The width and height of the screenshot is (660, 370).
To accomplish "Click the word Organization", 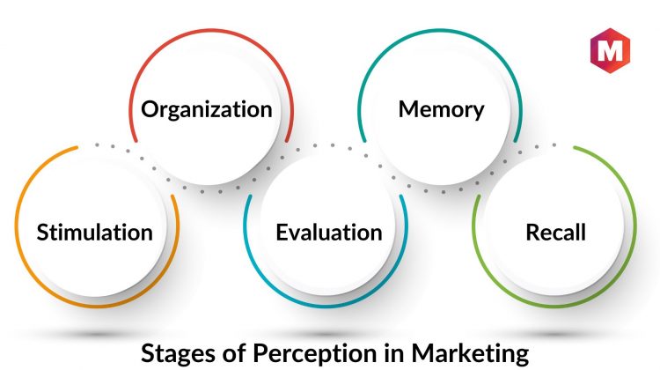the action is click(x=206, y=110).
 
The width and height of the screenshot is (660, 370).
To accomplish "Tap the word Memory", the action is click(x=441, y=110).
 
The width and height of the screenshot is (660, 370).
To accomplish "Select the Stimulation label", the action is click(x=95, y=233).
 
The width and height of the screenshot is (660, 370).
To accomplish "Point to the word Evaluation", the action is click(x=329, y=233).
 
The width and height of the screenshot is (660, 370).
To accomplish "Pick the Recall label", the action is click(x=555, y=233).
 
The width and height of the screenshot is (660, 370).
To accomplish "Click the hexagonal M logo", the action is click(x=610, y=50).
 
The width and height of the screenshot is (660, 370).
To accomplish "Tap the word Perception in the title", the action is click(x=315, y=353).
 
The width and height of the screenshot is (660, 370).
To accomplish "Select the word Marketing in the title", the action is click(x=470, y=353).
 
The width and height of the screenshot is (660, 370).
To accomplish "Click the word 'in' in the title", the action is click(x=394, y=352).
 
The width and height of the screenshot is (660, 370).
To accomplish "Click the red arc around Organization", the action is click(x=211, y=29).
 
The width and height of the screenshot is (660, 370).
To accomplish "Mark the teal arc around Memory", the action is click(x=440, y=29).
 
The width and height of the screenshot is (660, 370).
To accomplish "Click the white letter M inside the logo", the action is click(x=610, y=50).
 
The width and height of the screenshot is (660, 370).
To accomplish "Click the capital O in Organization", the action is click(x=150, y=109).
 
